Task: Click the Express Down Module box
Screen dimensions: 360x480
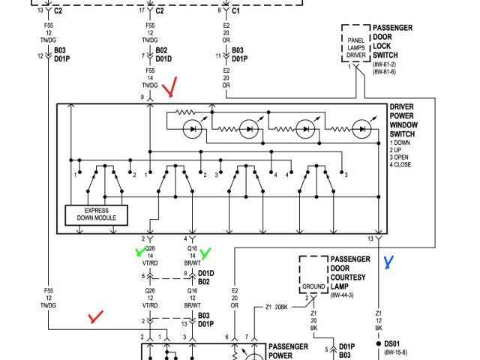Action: point(97,214)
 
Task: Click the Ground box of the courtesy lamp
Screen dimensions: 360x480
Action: point(313,286)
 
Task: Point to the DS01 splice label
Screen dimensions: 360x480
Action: point(392,343)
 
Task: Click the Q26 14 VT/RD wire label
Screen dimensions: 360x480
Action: point(150,256)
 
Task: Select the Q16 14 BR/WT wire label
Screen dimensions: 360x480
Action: point(192,256)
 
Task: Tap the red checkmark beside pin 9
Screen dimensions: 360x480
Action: point(172,88)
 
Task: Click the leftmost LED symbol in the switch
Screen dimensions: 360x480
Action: point(193,128)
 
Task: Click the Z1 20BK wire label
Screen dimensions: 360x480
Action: point(277,307)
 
